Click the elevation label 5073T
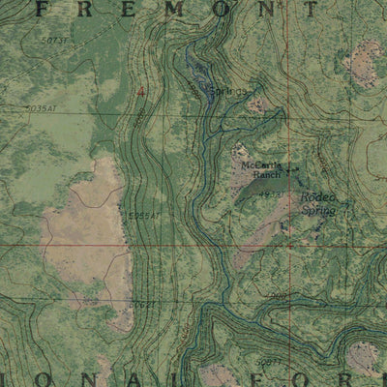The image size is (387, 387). (x=56, y=42)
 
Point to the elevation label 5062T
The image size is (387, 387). (x=142, y=304)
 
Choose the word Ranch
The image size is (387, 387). (x=266, y=176)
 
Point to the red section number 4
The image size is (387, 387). (x=142, y=90)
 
